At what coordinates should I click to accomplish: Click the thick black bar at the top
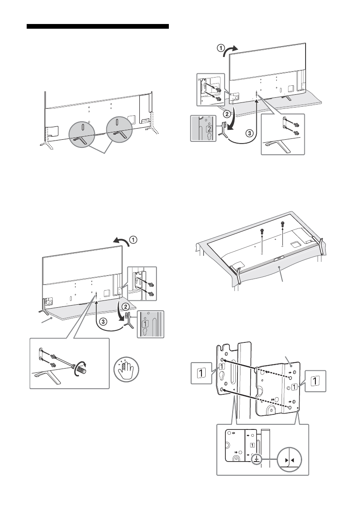(x=98, y=26)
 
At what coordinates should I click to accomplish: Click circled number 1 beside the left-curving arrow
(x=133, y=240)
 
